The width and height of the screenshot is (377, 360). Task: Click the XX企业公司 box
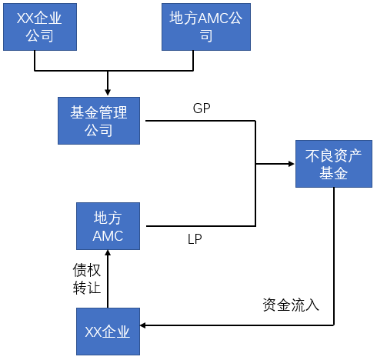pyautogui.click(x=40, y=27)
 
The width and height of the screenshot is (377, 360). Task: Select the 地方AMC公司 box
pyautogui.click(x=206, y=27)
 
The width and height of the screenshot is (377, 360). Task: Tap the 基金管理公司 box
pyautogui.click(x=98, y=121)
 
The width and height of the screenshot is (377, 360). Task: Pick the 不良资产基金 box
pyautogui.click(x=334, y=164)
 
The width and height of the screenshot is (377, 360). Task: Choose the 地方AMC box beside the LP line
pyautogui.click(x=108, y=226)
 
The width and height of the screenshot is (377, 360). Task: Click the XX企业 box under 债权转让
pyautogui.click(x=108, y=332)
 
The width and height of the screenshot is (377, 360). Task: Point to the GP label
pyautogui.click(x=202, y=108)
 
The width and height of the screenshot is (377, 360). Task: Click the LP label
pyautogui.click(x=195, y=239)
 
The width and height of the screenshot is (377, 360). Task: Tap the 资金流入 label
pyautogui.click(x=291, y=305)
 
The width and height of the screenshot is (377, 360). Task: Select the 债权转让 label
pyautogui.click(x=87, y=278)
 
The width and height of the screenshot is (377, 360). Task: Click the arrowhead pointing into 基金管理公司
pyautogui.click(x=108, y=92)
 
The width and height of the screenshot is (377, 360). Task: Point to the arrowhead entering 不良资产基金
pyautogui.click(x=291, y=164)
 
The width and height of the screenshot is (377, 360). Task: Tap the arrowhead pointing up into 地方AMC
pyautogui.click(x=108, y=253)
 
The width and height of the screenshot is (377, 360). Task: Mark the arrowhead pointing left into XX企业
pyautogui.click(x=143, y=325)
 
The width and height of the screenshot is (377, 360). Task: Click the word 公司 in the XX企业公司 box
pyautogui.click(x=40, y=35)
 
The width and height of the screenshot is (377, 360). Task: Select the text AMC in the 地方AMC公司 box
pyautogui.click(x=213, y=18)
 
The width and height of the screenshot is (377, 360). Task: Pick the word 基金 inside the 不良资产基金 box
pyautogui.click(x=334, y=173)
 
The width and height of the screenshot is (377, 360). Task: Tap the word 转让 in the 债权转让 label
pyautogui.click(x=87, y=288)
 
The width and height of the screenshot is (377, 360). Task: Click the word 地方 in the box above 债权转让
pyautogui.click(x=108, y=218)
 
